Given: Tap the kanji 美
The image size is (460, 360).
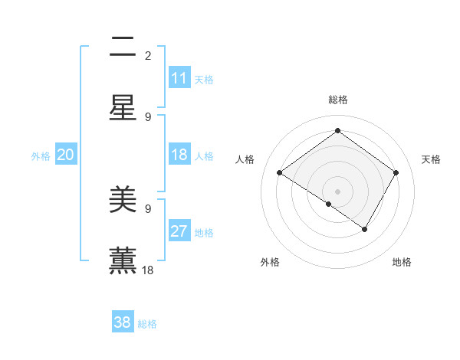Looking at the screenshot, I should point(123,200).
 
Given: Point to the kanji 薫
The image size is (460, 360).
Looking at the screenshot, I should point(123,260).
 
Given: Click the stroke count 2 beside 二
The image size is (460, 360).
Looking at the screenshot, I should point(148,55).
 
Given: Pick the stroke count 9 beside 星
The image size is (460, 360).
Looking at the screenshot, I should point(148,116).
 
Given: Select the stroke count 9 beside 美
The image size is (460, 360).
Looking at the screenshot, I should point(148,208).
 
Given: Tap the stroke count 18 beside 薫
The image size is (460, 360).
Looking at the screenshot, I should point(148,270).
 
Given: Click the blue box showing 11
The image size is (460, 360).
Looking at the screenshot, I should point(179,78).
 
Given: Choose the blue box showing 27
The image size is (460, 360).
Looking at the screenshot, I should point(179,231).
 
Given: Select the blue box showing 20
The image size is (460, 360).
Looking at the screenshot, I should point(66,155).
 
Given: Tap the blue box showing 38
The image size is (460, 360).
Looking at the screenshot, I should point(123,322).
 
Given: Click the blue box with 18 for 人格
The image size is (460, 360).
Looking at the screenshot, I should point(179,155).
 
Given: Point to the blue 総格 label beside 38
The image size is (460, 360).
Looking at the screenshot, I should point(147,324).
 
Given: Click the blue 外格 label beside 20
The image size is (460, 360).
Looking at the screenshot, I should point(41,156).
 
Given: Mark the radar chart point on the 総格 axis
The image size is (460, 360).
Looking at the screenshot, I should point(337,131).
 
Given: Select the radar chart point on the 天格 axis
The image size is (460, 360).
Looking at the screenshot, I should point(396,173).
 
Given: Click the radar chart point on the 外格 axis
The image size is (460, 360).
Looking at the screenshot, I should point(328,204).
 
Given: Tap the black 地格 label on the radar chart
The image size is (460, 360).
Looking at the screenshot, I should point(402,262).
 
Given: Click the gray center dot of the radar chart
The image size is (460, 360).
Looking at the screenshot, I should point(337,191).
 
